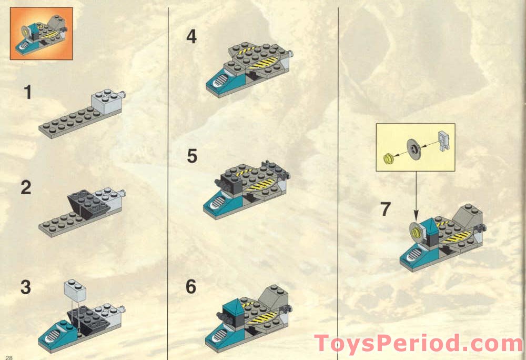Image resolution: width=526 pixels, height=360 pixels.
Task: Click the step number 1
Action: pyautogui.click(x=27, y=93)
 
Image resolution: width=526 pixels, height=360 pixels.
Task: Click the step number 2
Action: pyautogui.click(x=26, y=188)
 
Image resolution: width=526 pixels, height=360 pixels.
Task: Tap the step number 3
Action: pyautogui.click(x=26, y=288)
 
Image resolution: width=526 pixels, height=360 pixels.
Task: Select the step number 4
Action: pyautogui.click(x=191, y=37)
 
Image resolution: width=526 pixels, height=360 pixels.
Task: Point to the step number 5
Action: pyautogui.click(x=192, y=156)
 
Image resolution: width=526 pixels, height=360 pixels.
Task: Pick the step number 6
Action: pyautogui.click(x=191, y=287)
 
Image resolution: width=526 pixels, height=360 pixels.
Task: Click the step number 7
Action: pyautogui.click(x=386, y=209)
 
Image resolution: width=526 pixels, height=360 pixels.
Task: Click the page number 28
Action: pyautogui.click(x=9, y=357)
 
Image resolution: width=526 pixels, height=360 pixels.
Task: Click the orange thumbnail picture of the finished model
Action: pyautogui.click(x=41, y=33)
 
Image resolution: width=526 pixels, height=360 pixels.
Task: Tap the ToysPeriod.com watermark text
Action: pyautogui.click(x=418, y=343)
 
